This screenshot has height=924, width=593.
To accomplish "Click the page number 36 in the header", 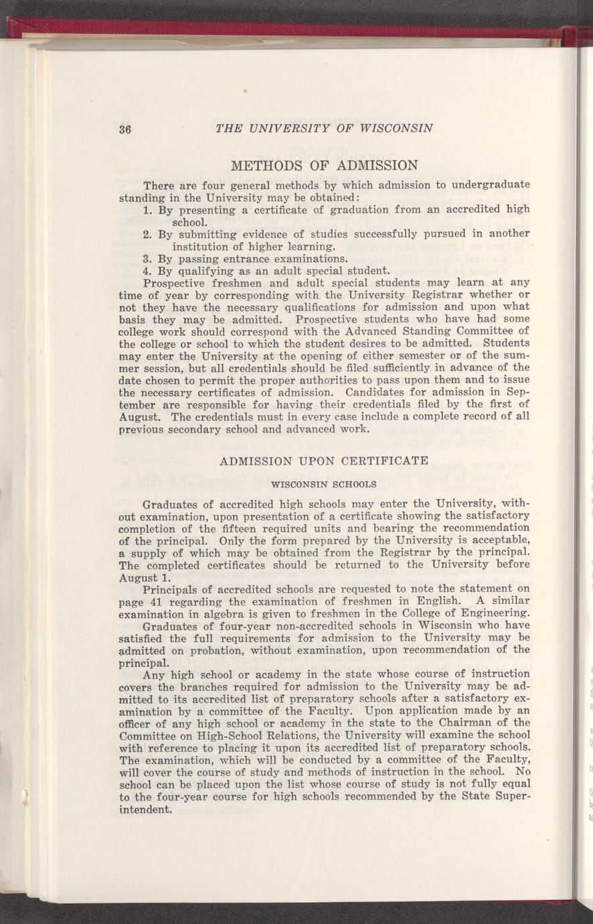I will tap(124, 129).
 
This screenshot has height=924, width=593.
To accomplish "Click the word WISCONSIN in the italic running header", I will tap(391, 128).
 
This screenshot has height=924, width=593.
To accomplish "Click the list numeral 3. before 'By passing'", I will tap(149, 258).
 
